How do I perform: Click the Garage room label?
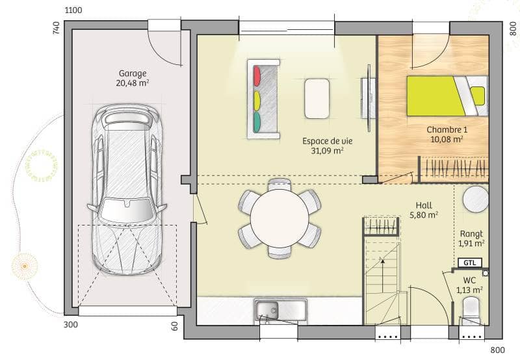[x=133, y=73]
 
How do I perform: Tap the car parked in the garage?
[x=127, y=188]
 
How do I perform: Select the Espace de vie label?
[x=323, y=140]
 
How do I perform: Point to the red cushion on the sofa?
[x=257, y=76]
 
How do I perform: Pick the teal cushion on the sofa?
[x=257, y=121]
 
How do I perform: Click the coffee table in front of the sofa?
[x=317, y=98]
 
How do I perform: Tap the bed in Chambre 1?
[x=446, y=96]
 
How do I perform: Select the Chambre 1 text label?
[x=447, y=129]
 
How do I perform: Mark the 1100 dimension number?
[x=74, y=10]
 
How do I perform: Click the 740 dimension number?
[x=56, y=28]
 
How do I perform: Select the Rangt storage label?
[x=471, y=234]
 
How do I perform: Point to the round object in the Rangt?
[x=476, y=198]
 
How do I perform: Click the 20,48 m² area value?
[x=133, y=83]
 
